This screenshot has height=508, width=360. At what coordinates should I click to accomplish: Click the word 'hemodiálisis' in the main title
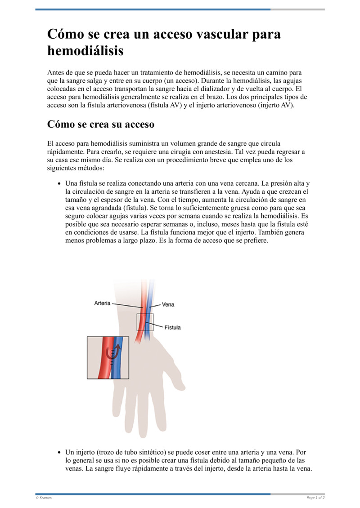click(85, 51)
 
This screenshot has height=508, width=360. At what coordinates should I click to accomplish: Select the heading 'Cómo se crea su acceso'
click(101, 125)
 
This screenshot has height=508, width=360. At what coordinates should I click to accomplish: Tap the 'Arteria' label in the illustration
click(102, 303)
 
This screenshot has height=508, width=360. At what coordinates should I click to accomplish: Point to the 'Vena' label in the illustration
click(168, 304)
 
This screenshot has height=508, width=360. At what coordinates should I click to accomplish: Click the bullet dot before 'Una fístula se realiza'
click(59, 184)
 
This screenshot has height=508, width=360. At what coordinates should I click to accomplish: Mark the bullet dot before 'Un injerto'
click(59, 452)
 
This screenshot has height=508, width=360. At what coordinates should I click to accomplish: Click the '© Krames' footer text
click(44, 498)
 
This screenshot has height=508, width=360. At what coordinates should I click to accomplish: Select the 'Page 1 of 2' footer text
click(315, 498)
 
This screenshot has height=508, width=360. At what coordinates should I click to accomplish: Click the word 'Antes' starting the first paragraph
click(55, 72)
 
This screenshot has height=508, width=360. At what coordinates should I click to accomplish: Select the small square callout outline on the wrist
click(145, 322)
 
